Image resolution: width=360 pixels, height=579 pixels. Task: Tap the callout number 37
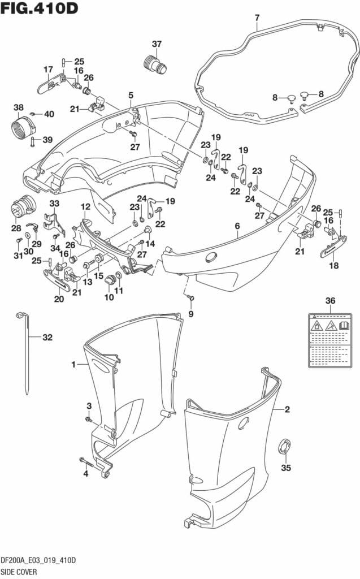click(157, 44)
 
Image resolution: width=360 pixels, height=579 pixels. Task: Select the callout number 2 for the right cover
click(287, 409)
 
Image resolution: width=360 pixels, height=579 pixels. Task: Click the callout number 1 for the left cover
click(73, 365)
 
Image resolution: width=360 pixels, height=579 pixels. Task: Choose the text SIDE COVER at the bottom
click(19, 572)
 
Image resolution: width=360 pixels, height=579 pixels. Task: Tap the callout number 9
click(190, 314)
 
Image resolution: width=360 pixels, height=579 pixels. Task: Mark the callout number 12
click(85, 207)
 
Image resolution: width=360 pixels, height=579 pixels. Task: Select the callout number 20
click(59, 299)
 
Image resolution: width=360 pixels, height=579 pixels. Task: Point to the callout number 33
click(54, 204)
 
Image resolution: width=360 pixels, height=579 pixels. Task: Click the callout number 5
click(131, 95)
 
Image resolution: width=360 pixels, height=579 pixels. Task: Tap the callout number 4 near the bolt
click(86, 474)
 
